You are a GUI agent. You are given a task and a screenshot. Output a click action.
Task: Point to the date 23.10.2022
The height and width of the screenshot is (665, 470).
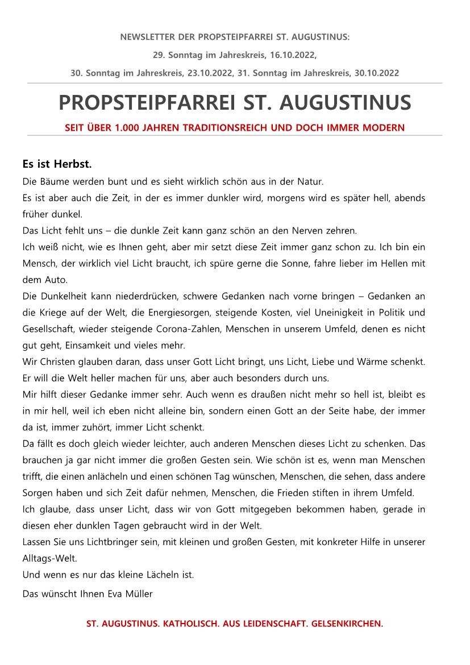click(212, 73)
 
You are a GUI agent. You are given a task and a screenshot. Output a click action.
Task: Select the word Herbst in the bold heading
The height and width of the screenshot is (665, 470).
click(73, 165)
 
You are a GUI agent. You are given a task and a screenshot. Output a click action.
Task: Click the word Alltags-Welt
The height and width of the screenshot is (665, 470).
click(49, 558)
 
